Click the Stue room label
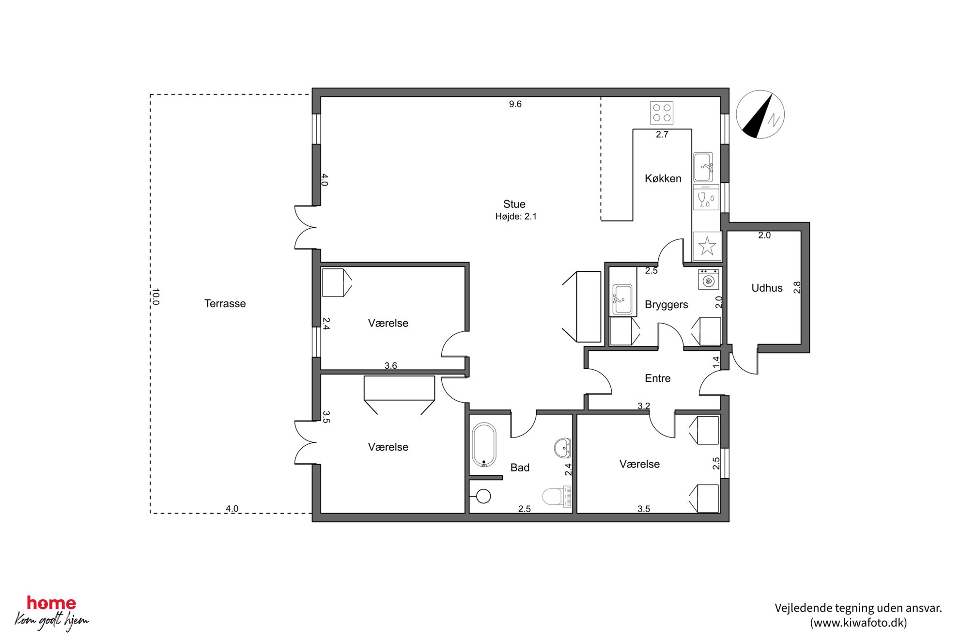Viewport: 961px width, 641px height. point(514,204)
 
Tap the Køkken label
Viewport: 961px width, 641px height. point(663,178)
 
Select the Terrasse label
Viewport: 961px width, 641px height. point(225,303)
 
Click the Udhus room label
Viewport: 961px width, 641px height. point(767,288)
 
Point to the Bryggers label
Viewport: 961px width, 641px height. point(666,305)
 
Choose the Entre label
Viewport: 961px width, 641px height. point(657,378)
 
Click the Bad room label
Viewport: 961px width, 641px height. point(520,468)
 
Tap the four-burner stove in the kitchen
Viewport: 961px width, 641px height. point(662,112)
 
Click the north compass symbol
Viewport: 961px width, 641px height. point(760,114)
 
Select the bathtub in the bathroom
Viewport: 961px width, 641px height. point(484,445)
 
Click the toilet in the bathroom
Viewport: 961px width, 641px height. point(557,497)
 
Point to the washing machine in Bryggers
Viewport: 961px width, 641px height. point(709,280)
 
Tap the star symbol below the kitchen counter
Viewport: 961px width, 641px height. point(707,246)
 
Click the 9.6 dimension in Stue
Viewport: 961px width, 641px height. point(515,104)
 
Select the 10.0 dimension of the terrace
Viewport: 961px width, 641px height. point(155,297)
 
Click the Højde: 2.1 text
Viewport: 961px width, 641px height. point(516,217)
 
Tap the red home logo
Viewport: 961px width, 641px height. point(51,603)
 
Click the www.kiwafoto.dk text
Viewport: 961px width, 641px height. point(858,623)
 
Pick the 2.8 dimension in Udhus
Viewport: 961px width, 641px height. point(797,287)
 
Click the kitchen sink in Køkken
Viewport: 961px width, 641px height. point(703,167)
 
